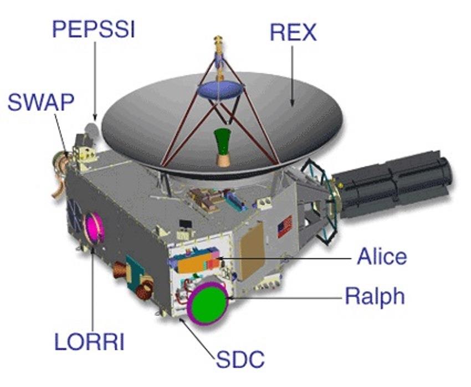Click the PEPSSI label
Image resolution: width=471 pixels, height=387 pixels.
click(x=93, y=29)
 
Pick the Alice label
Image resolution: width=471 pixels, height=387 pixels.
click(x=382, y=257)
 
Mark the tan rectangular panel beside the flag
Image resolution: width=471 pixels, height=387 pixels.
click(x=253, y=250)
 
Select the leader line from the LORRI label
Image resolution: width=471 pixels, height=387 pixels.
click(x=91, y=288)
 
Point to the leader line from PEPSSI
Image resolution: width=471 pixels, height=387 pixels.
click(x=95, y=78)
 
